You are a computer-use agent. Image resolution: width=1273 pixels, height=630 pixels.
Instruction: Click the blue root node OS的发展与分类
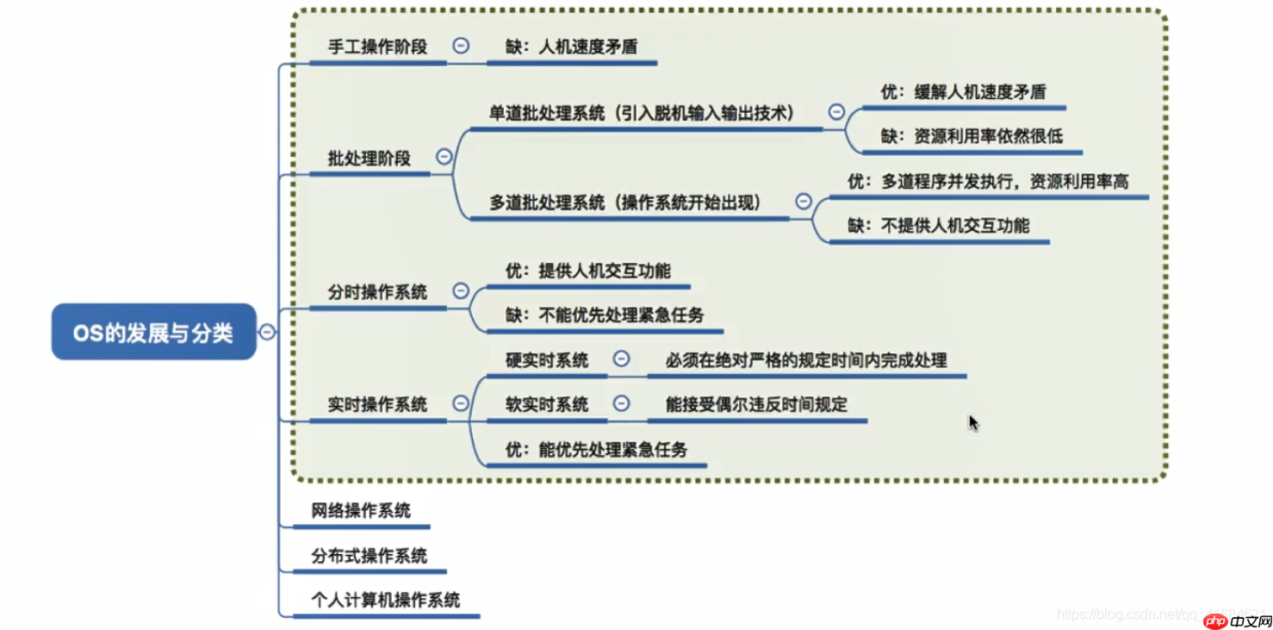tap(153, 332)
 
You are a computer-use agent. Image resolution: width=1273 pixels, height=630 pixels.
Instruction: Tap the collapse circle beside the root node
tap(268, 332)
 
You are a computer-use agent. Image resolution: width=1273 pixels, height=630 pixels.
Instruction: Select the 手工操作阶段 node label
tap(377, 47)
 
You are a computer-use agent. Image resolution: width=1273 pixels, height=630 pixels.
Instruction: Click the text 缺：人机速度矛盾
tap(571, 47)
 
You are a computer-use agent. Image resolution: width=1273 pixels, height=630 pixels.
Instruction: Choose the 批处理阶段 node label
tap(369, 159)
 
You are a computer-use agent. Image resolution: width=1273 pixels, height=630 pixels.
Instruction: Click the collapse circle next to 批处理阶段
tap(444, 157)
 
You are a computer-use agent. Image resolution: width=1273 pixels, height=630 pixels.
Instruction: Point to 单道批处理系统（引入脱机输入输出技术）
tap(641, 113)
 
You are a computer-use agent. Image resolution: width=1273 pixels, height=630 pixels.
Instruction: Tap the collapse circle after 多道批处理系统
tap(803, 201)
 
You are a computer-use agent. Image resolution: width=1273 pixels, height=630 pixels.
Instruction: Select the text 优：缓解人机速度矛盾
tap(963, 92)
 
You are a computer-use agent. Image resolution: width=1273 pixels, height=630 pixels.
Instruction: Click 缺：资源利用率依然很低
tap(972, 136)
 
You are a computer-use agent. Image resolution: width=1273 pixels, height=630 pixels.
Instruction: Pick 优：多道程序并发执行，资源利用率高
tap(988, 181)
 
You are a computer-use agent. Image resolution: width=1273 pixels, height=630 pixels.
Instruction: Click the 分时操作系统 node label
tap(377, 292)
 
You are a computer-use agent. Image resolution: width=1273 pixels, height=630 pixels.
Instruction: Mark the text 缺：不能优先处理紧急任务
tap(605, 315)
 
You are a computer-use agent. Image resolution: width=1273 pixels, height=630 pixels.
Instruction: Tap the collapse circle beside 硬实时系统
tap(621, 359)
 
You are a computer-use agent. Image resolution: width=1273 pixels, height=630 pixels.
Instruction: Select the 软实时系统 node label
tap(547, 404)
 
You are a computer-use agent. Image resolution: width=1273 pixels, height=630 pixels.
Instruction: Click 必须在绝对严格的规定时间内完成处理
tap(805, 360)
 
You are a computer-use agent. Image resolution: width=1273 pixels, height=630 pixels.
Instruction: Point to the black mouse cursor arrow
tap(972, 421)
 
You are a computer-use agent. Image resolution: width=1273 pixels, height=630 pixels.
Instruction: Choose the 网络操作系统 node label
tap(361, 511)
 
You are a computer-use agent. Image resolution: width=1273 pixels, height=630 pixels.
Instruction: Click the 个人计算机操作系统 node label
tap(385, 600)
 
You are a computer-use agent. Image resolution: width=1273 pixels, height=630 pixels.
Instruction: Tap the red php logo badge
tap(1215, 621)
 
